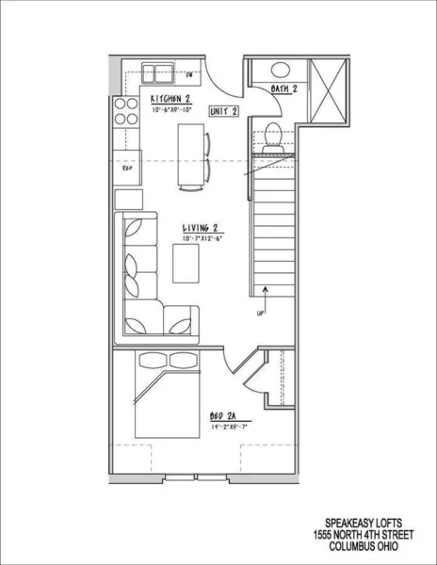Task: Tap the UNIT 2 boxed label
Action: click(222, 111)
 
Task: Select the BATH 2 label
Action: click(284, 89)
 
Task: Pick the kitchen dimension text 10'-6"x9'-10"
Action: click(171, 110)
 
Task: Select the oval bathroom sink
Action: click(280, 69)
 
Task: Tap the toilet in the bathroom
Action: click(274, 137)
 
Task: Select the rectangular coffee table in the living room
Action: click(187, 265)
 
